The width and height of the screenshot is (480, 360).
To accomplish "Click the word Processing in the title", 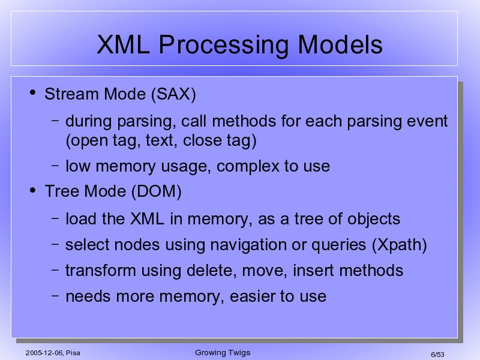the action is pyautogui.click(x=223, y=45).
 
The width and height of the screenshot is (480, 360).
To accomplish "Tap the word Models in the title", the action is pyautogui.click(x=340, y=44).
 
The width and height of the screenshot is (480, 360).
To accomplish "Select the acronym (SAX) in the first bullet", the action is pyautogui.click(x=173, y=94).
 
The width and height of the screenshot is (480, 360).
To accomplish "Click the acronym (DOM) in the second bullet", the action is pyautogui.click(x=157, y=191).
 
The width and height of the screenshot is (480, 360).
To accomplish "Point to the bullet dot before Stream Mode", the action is pyautogui.click(x=33, y=92).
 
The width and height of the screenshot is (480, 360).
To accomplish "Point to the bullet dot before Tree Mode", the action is pyautogui.click(x=33, y=190).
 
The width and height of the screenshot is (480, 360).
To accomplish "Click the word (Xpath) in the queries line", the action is pyautogui.click(x=400, y=245).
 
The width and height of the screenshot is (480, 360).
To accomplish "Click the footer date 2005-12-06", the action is pyautogui.click(x=44, y=353).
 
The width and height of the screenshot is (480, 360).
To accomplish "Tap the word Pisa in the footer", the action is pyautogui.click(x=73, y=353).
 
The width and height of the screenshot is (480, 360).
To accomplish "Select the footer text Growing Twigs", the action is pyautogui.click(x=223, y=353).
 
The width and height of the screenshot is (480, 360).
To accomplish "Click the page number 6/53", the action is pyautogui.click(x=437, y=355).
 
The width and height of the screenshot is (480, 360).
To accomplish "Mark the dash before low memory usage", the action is pyautogui.click(x=55, y=166).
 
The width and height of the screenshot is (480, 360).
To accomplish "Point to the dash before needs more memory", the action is pyautogui.click(x=55, y=296).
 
